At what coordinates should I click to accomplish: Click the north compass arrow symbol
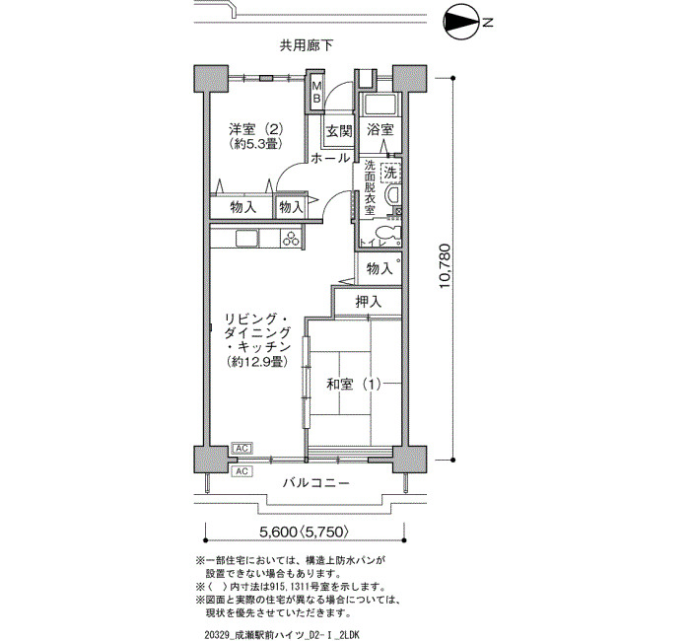[463, 22]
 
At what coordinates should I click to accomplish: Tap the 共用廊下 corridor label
[307, 45]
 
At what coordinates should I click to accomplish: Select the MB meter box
[316, 92]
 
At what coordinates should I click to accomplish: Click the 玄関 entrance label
[339, 131]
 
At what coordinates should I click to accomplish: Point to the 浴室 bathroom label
[380, 130]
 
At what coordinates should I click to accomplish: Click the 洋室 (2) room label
[255, 129]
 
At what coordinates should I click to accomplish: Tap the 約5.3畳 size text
[255, 144]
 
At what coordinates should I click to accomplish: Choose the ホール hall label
[330, 158]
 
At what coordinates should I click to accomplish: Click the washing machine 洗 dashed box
[390, 173]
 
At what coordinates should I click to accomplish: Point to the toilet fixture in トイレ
[388, 235]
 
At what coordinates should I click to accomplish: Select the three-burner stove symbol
[291, 239]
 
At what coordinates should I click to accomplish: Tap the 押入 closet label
[369, 302]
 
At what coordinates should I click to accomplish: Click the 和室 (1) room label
[353, 385]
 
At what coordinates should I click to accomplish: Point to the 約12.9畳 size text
[258, 362]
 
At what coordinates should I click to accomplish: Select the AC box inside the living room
[241, 449]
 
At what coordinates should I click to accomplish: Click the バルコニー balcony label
[316, 483]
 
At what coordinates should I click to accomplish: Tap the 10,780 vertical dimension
[445, 266]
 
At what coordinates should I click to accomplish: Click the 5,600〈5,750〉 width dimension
[305, 532]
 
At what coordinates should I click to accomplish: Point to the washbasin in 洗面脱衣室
[392, 194]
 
